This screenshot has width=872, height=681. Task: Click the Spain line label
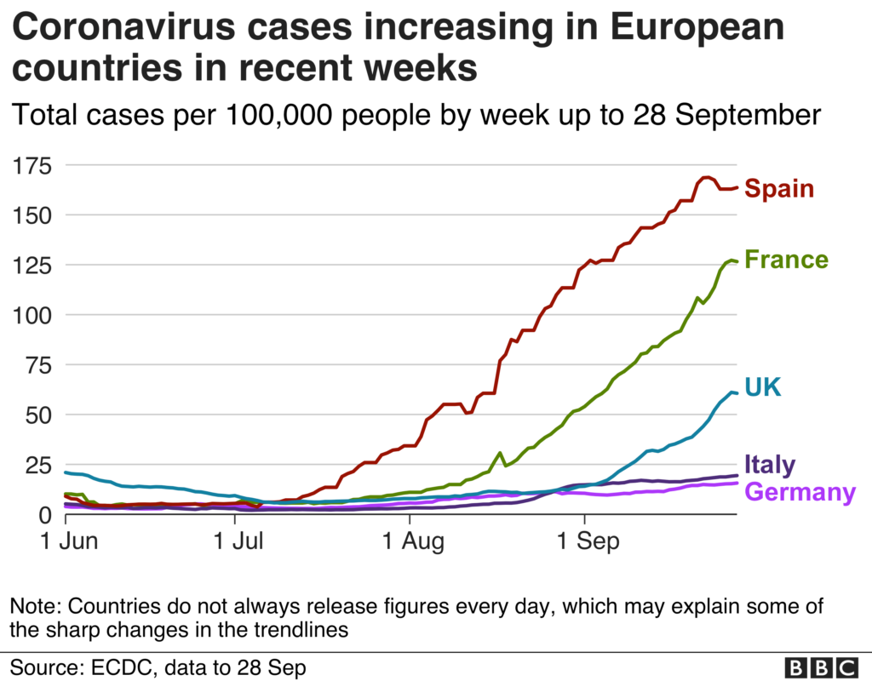click(x=779, y=188)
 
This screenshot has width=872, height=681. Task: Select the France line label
click(x=786, y=260)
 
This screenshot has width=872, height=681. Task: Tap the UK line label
click(x=763, y=387)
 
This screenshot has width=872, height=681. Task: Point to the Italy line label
click(x=770, y=465)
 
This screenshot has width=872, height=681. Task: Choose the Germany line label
click(x=800, y=493)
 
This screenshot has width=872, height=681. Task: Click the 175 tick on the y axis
click(x=32, y=166)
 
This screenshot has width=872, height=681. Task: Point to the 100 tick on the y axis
click(x=32, y=315)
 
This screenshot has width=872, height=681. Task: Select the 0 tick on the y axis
click(x=45, y=515)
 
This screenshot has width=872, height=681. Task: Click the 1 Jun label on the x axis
click(x=70, y=541)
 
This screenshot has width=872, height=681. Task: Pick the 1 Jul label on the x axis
click(x=238, y=541)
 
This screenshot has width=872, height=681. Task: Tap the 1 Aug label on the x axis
click(x=413, y=541)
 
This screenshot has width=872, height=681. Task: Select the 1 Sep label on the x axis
click(x=588, y=541)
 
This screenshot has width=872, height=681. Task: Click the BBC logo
click(x=822, y=667)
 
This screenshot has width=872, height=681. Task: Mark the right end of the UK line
click(x=737, y=393)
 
